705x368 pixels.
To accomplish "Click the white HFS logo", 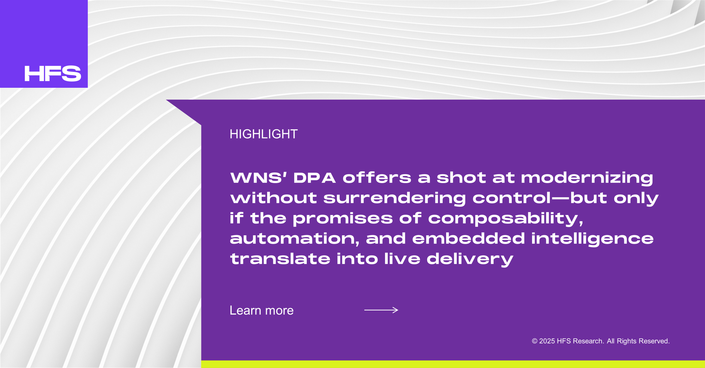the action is [x=53, y=73].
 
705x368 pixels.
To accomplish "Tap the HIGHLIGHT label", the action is [x=264, y=134].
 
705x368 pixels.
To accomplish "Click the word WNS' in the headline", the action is [x=258, y=178].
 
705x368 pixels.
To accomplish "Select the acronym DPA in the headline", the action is [x=314, y=178].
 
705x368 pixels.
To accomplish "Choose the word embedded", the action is [x=468, y=238].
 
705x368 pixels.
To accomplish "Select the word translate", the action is [x=280, y=259].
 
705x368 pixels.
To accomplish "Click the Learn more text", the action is [x=262, y=310].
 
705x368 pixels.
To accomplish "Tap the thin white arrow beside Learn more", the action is [x=381, y=310].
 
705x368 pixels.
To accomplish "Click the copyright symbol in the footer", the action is [x=535, y=341].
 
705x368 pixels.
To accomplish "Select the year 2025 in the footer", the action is [x=547, y=341].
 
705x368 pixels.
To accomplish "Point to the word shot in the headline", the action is [x=461, y=178].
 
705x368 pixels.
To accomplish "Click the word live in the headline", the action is [x=402, y=259].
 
